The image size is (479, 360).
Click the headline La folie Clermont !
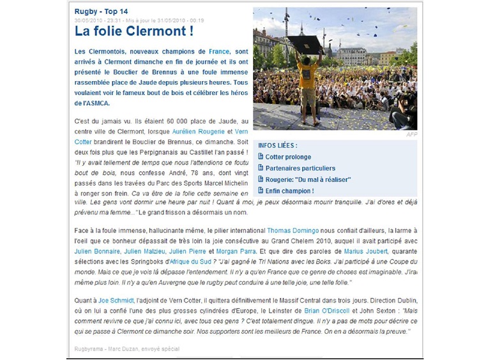point(134,31)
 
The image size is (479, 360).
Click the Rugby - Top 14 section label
point(101,11)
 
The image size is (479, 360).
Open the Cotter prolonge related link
point(288,156)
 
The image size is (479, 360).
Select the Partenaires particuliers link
point(298,168)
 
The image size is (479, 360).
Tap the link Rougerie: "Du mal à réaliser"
point(308,179)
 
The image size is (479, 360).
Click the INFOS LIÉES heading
point(278,146)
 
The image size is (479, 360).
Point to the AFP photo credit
point(411,135)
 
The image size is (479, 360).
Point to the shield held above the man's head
point(304,44)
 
